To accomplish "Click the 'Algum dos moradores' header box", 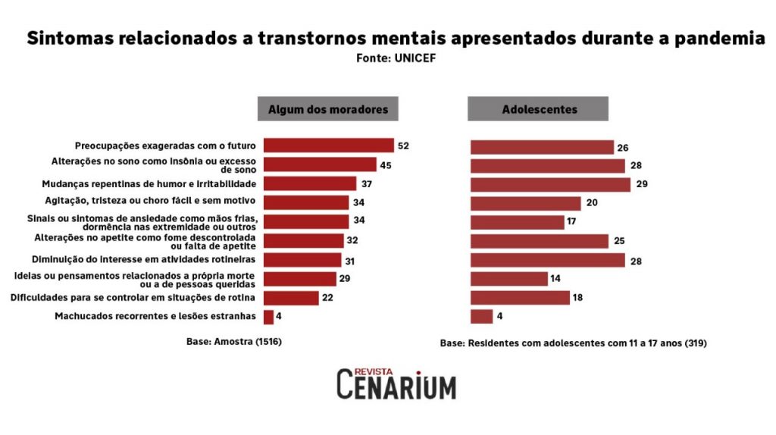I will click(x=328, y=109).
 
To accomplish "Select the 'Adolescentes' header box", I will click(x=539, y=109).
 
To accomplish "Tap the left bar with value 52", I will click(x=328, y=146).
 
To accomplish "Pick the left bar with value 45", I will click(x=319, y=164).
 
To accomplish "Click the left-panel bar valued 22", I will click(x=290, y=298).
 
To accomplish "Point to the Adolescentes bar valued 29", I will click(x=550, y=184).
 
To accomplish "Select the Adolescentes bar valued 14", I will click(x=508, y=279).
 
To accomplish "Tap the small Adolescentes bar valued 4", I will click(x=481, y=317).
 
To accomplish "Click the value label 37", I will click(x=367, y=184).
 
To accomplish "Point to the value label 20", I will click(x=591, y=203).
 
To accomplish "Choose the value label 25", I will click(x=619, y=241).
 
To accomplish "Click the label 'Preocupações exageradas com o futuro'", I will click(x=165, y=146).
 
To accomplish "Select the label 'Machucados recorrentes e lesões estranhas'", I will click(x=155, y=317).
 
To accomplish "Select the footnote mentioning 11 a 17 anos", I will click(x=574, y=343).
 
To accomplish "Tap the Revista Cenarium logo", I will click(x=396, y=383).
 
